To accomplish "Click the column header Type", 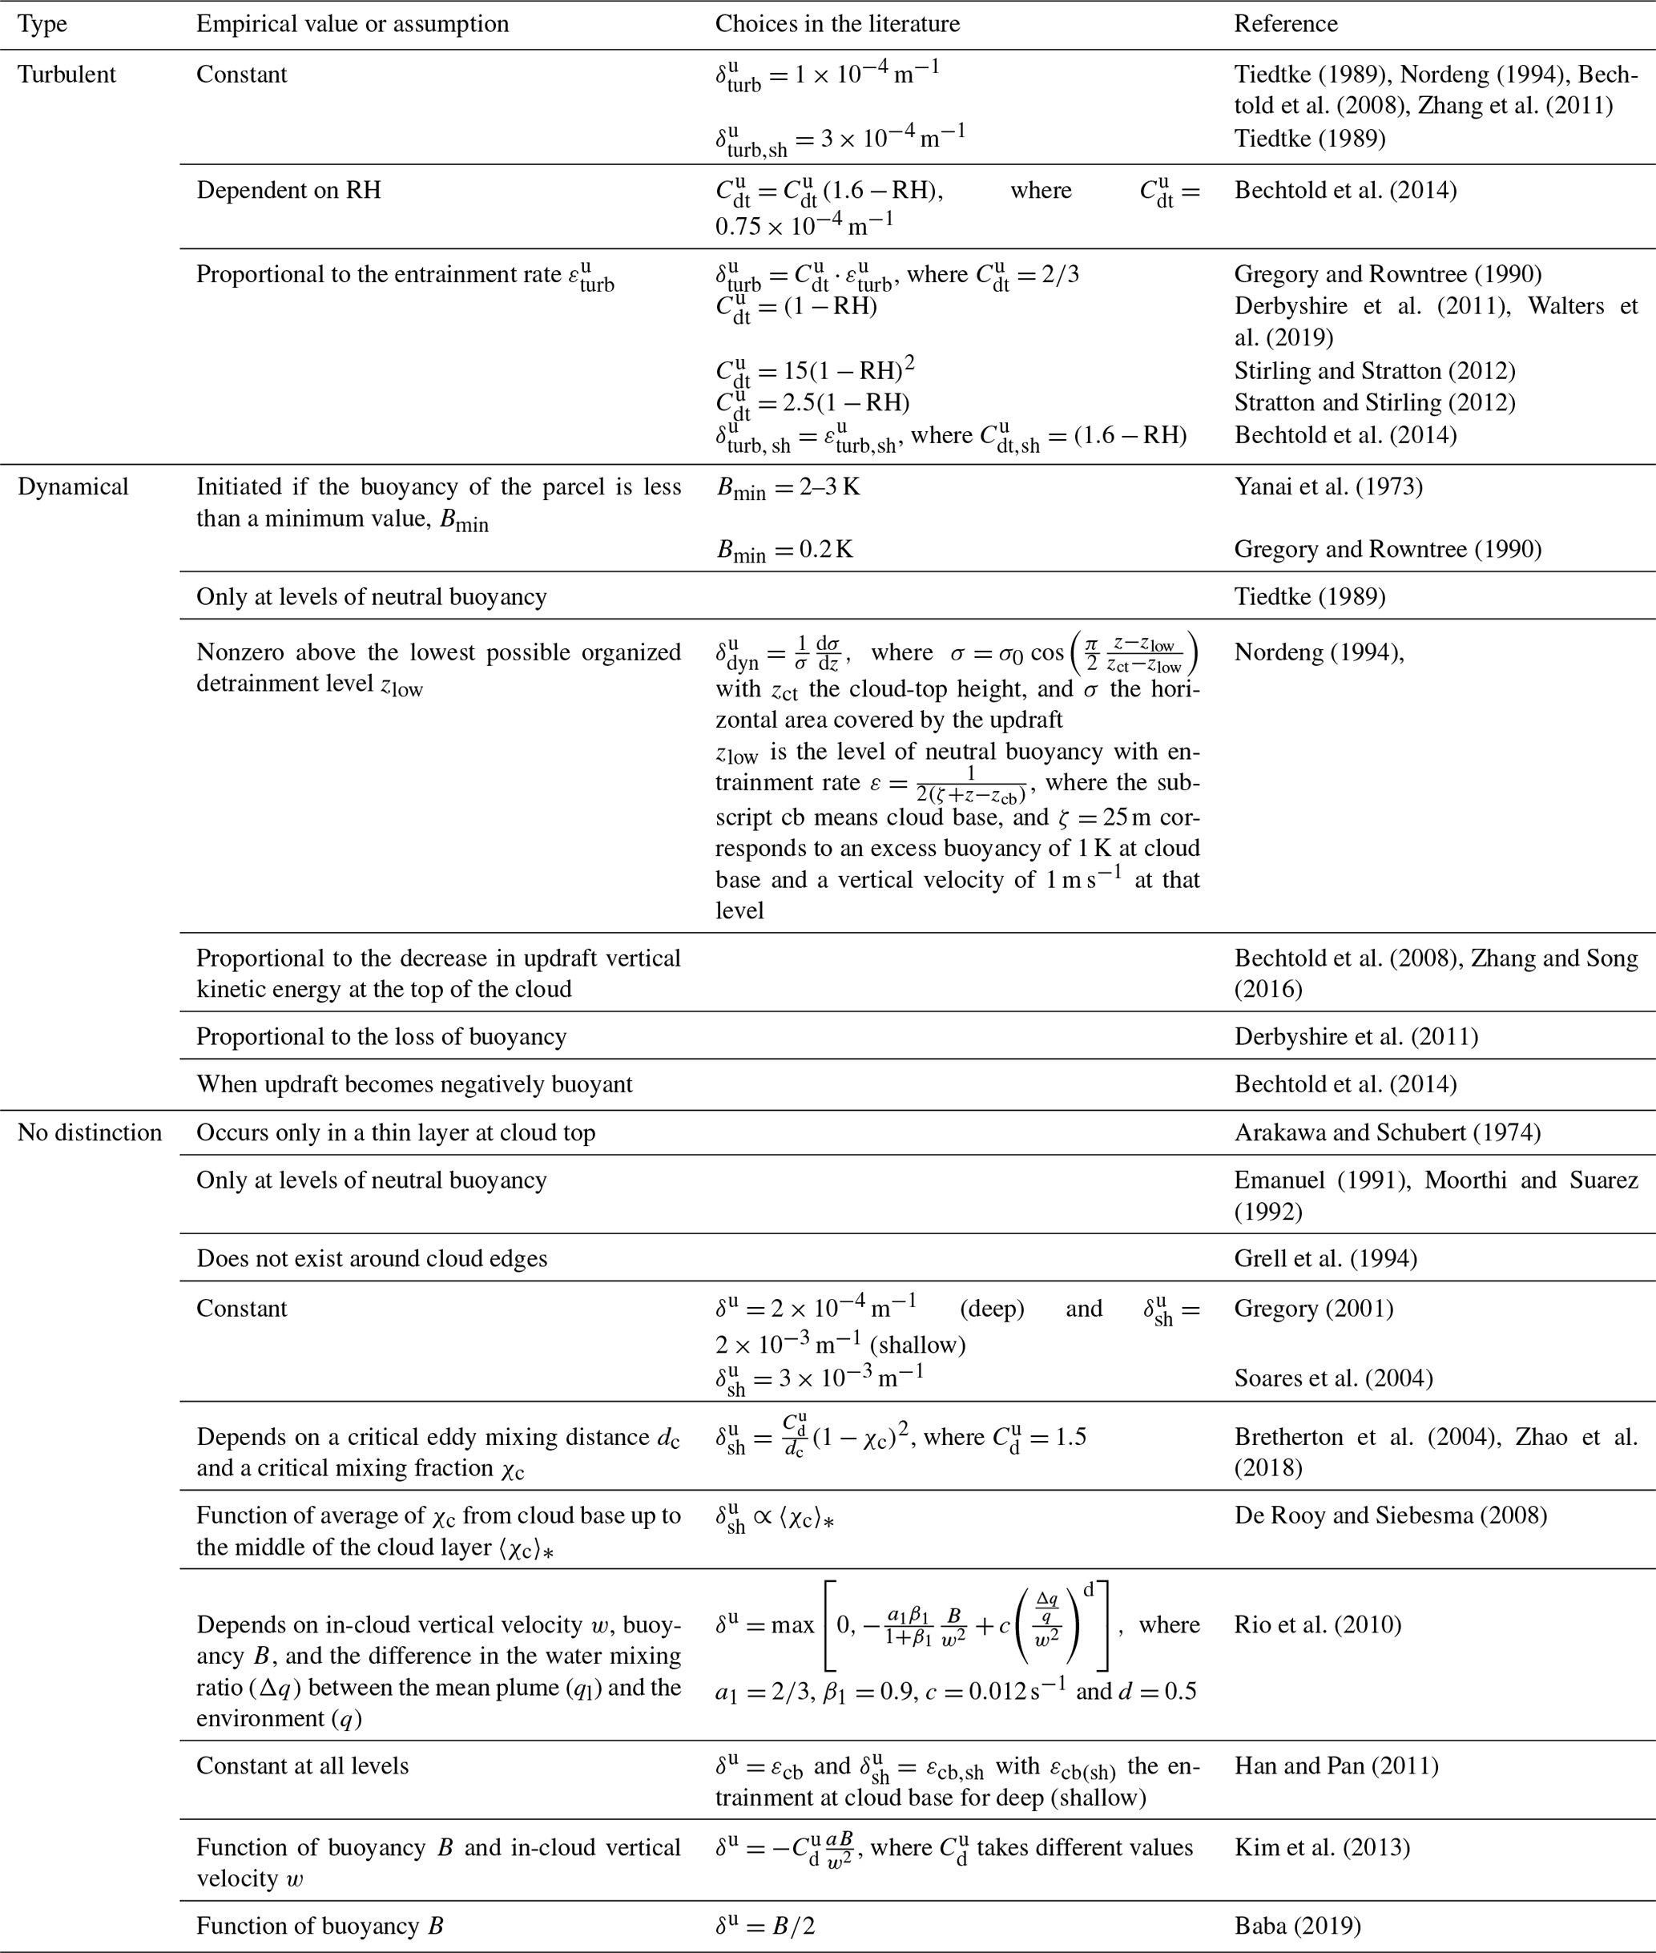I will (42, 24).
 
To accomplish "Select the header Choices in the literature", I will (836, 24).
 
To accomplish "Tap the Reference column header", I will (1285, 24).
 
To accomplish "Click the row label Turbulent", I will (66, 75).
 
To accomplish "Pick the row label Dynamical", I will (73, 487).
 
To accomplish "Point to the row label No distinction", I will (89, 1133).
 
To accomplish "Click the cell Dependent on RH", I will (288, 191).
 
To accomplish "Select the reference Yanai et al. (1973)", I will (1328, 487).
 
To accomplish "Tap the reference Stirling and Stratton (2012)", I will (1374, 371).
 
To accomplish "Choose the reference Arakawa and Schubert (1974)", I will (1387, 1133).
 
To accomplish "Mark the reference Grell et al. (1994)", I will (1324, 1259).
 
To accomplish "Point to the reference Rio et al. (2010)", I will (1317, 1625).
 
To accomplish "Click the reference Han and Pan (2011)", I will (1336, 1766).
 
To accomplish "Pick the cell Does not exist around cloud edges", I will (371, 1259).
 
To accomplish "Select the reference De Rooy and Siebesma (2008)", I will (1390, 1515).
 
